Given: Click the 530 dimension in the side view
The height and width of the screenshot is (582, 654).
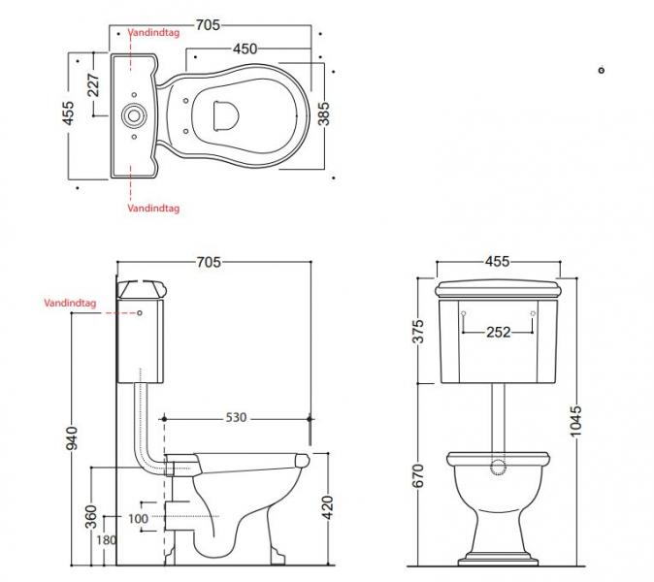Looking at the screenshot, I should click(x=237, y=417).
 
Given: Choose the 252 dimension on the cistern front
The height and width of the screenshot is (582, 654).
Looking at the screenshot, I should click(x=499, y=332).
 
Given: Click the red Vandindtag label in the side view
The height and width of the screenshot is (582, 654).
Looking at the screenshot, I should click(x=70, y=303).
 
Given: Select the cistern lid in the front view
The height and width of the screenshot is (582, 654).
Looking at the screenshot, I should click(x=499, y=289).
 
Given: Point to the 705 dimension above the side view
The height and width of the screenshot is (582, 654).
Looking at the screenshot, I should click(x=210, y=262).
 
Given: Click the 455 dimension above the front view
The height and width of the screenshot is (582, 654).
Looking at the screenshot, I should click(x=497, y=262).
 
